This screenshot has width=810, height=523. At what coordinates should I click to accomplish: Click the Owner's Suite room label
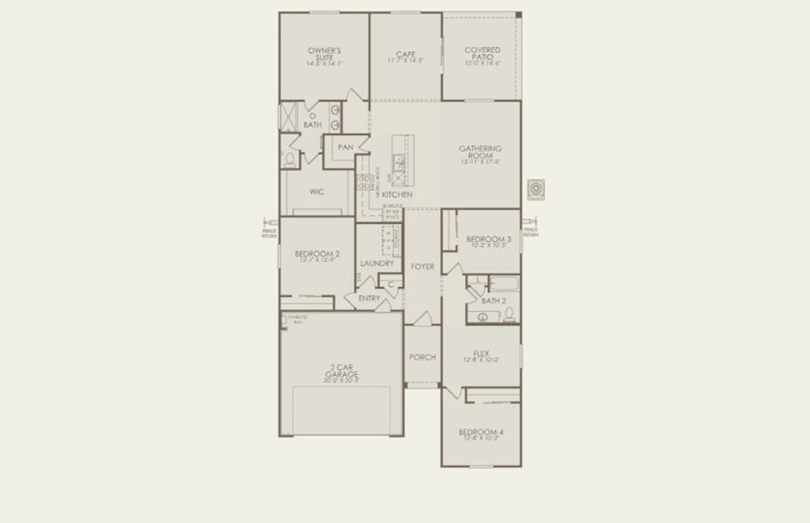click(323, 54)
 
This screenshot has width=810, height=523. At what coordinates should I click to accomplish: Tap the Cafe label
click(405, 54)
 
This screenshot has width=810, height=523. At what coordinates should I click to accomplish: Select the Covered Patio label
click(482, 54)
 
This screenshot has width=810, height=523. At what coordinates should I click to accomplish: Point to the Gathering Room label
click(480, 153)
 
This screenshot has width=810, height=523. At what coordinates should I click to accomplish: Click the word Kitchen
click(397, 194)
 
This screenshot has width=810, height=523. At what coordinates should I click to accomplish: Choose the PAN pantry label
click(345, 147)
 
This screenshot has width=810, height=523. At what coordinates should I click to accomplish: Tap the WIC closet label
click(317, 191)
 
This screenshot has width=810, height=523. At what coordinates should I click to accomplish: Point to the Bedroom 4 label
click(480, 432)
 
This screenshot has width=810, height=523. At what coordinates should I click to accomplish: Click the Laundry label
click(377, 262)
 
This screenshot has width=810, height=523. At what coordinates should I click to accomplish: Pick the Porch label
click(422, 357)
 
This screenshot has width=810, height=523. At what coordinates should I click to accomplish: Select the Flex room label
click(480, 354)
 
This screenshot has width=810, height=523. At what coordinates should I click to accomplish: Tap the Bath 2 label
click(493, 300)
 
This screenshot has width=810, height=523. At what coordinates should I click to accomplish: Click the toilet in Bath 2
click(512, 315)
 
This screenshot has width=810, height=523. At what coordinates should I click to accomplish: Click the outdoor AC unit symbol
click(534, 189)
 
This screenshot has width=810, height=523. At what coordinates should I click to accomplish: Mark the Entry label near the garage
click(369, 298)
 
